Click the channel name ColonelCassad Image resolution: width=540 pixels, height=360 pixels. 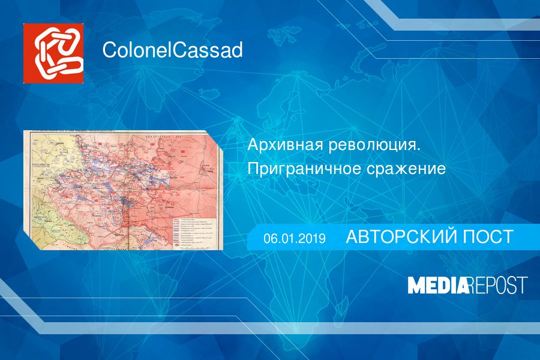[x=172, y=50]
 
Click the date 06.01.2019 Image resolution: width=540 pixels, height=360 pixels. [x=294, y=239]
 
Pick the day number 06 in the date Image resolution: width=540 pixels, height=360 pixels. [x=269, y=239]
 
